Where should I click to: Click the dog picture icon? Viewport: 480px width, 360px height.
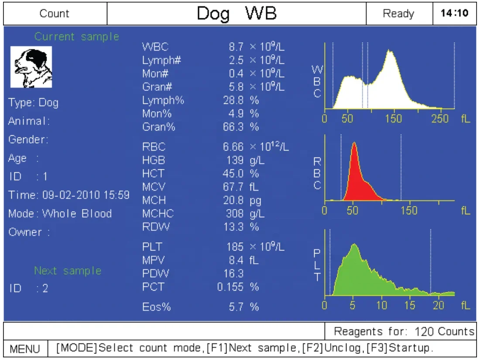(x=31, y=67)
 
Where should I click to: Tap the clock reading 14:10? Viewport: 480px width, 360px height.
(x=454, y=13)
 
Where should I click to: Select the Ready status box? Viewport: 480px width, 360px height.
(x=398, y=13)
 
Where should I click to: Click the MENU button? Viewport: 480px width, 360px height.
(x=25, y=349)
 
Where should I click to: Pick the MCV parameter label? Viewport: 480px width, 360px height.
(x=152, y=187)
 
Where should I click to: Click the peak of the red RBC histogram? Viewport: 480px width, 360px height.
(x=354, y=144)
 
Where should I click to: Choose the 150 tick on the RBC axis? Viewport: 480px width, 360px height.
(x=409, y=211)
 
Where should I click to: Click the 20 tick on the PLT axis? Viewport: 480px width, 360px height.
(x=438, y=305)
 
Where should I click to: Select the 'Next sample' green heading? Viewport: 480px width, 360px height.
(x=68, y=271)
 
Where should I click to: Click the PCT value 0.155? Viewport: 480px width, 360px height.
(x=230, y=287)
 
